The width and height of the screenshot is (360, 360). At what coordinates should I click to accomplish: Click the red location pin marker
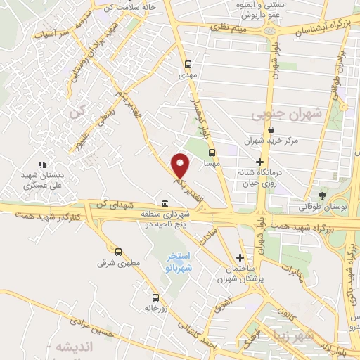tap(181, 165)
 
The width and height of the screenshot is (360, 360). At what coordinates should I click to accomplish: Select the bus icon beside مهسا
tap(212, 152)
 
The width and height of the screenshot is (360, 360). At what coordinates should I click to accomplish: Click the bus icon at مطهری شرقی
tap(117, 252)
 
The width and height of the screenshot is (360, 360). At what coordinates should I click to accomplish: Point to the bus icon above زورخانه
tap(155, 297)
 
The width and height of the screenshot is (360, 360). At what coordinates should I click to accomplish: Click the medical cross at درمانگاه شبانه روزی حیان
tap(260, 162)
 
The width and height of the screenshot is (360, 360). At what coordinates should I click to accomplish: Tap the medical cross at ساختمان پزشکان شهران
tap(241, 257)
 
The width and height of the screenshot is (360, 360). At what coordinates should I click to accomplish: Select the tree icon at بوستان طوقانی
tap(323, 195)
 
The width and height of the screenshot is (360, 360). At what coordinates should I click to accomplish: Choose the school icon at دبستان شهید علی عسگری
tap(41, 165)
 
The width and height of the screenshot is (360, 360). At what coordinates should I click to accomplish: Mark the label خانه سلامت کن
tap(127, 6)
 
